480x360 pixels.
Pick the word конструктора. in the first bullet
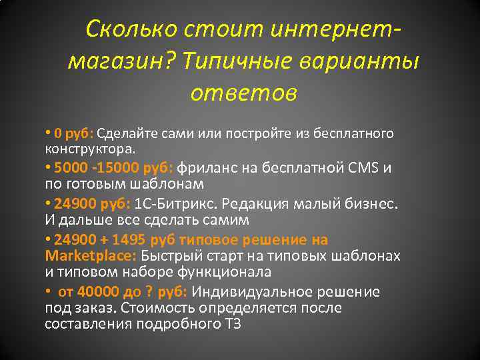coord(89,147)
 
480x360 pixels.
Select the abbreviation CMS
coord(365,167)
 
